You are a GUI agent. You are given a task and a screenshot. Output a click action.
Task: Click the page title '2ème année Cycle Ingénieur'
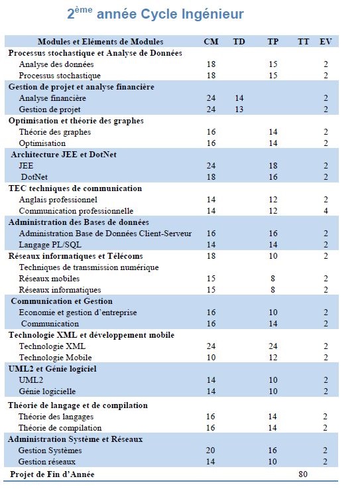tap(155, 14)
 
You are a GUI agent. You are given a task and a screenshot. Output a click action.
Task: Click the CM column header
tap(211, 42)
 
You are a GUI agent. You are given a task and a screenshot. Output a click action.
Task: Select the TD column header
tap(239, 42)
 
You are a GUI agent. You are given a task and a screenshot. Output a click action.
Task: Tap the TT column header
tap(303, 42)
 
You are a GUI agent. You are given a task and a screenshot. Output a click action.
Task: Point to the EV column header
tap(326, 42)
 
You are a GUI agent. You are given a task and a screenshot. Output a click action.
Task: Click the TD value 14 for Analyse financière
tap(239, 98)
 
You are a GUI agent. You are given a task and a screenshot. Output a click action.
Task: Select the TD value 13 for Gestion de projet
tap(239, 109)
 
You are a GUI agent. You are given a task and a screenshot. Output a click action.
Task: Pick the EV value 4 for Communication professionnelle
tap(326, 211)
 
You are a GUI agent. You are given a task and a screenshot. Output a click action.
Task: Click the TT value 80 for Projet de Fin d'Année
tap(303, 474)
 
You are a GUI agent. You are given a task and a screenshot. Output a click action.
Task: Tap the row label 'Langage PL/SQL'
tap(50, 245)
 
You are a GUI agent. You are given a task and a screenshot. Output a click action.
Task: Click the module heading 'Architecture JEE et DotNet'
tap(64, 155)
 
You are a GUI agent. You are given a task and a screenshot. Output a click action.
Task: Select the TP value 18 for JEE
tap(272, 166)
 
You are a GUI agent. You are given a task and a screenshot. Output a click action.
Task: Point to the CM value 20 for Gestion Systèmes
tap(210, 451)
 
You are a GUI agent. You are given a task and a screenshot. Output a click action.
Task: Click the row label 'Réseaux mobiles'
tap(49, 279)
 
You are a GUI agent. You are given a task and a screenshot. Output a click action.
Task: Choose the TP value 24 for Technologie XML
tap(272, 346)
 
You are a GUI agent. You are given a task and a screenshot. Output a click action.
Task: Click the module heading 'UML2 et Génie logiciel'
tap(52, 368)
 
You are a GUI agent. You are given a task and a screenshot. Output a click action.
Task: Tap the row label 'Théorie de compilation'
tap(60, 428)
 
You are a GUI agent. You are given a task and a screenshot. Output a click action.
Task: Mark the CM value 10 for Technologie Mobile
tap(211, 357)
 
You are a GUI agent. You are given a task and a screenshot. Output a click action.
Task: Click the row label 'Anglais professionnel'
tap(58, 200)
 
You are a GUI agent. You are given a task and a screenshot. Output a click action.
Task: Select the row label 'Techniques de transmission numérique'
tap(89, 267)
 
